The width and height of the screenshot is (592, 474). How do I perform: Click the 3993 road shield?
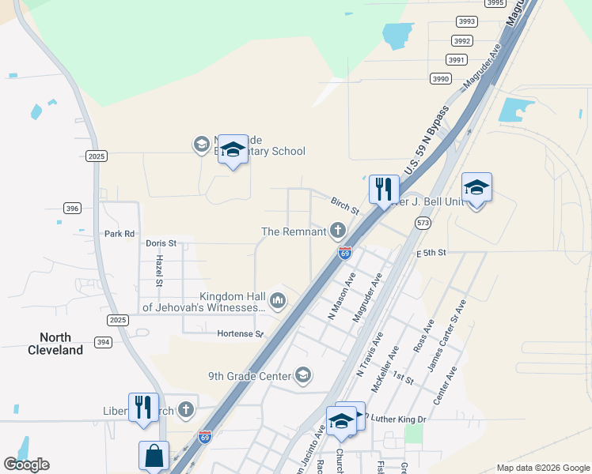(x=465, y=21)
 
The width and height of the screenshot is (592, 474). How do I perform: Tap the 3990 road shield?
(x=441, y=78)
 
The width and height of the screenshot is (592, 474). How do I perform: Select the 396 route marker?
(x=73, y=209)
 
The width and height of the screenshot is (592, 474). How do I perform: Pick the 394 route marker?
(x=102, y=341)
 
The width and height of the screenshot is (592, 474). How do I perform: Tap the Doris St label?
(x=161, y=243)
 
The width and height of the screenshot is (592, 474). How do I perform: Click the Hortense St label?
(x=241, y=333)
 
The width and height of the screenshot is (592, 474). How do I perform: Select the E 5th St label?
(x=432, y=253)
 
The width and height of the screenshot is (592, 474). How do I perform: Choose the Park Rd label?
(x=120, y=234)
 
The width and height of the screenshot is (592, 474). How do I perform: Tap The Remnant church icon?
(x=338, y=231)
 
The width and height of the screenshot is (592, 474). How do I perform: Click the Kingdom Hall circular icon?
(x=278, y=299)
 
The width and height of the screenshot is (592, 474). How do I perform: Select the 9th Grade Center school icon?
(x=302, y=375)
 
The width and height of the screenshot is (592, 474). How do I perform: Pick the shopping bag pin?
(x=154, y=456)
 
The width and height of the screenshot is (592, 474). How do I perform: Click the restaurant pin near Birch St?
(x=384, y=188)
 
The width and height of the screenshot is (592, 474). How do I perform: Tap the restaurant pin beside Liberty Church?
(x=143, y=406)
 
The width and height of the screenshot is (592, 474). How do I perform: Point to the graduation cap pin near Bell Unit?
(x=476, y=187)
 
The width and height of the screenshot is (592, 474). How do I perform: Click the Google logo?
(x=26, y=465)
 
